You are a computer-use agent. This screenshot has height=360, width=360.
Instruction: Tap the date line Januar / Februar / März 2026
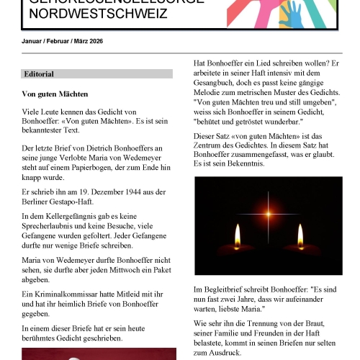(x=63, y=41)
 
